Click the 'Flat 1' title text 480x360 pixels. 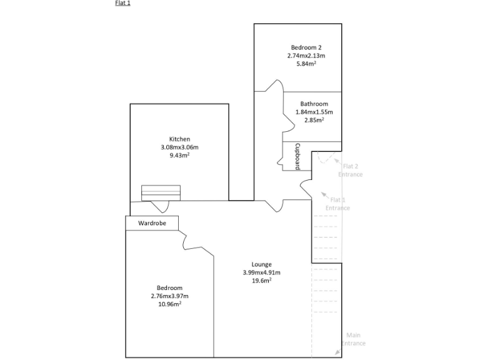tap(122, 3)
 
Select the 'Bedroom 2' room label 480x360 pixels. tap(306, 47)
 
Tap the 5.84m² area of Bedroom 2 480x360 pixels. tap(306, 64)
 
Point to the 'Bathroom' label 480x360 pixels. tap(314, 104)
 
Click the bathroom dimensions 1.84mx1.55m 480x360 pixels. tap(314, 112)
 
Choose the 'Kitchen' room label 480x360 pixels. tap(179, 139)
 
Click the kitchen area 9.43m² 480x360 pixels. tap(179, 155)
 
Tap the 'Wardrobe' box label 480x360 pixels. tap(152, 222)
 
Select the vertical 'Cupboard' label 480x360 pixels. tap(298, 157)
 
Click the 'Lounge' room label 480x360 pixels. tap(261, 264)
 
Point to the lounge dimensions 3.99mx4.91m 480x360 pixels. tap(261, 272)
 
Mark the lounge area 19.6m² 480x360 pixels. tap(261, 281)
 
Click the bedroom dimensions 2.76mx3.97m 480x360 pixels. tap(169, 296)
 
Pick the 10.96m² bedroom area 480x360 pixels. tap(169, 304)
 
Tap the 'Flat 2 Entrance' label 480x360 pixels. tap(350, 170)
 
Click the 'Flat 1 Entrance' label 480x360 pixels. tap(337, 204)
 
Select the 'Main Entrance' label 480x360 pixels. tap(353, 339)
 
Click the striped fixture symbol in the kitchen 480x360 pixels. tap(161, 192)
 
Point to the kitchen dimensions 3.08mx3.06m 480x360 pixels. tap(179, 147)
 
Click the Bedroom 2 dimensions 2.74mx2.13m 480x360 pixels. tap(306, 56)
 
